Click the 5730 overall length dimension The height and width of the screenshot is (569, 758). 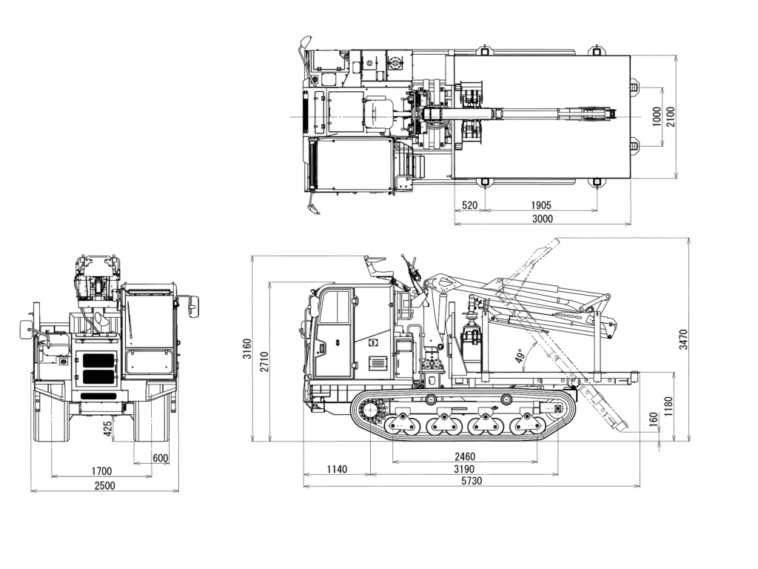pos(471,481)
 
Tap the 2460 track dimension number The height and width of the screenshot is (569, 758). pos(464,456)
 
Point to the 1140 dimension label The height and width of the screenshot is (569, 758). pos(336,468)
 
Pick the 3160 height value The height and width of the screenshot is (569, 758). pos(247,348)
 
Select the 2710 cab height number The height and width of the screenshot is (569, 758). pos(264,361)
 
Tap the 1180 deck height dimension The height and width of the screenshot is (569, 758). pos(668,406)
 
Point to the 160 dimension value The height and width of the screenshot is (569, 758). pos(653,419)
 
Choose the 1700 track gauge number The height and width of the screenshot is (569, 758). pos(101,470)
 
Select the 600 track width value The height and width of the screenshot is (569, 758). pos(159,458)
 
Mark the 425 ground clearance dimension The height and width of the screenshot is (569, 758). pos(108,428)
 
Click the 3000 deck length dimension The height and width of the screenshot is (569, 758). pos(542,218)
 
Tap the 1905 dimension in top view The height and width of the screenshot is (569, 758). pos(541,204)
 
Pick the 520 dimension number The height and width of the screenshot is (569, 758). pos(469,204)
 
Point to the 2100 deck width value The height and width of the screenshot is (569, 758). pos(671,116)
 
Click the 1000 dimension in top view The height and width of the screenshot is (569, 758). pos(657,116)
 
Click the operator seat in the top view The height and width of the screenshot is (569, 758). pos(378,114)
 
